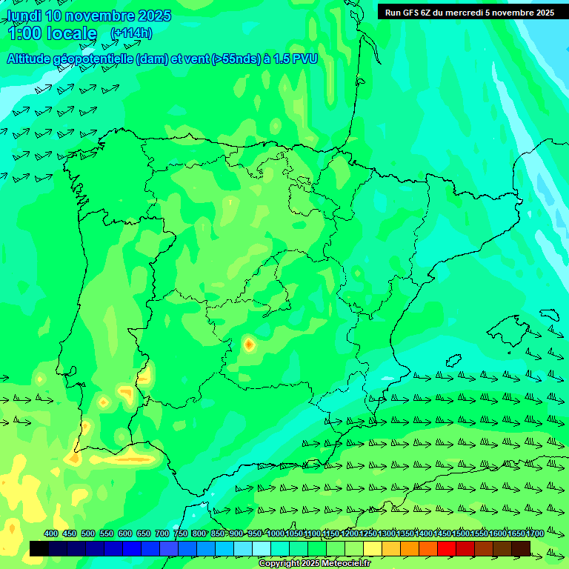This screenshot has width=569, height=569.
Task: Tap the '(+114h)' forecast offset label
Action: click(x=131, y=33)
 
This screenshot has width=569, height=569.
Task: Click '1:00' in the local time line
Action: click(x=24, y=33)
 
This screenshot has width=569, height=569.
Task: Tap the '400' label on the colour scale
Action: click(x=50, y=534)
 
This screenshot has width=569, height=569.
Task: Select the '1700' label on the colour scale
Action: click(x=535, y=534)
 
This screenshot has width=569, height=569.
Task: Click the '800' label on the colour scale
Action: click(x=199, y=534)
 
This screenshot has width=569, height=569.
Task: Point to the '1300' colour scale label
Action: click(x=386, y=534)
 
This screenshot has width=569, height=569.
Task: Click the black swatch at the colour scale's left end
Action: click(x=39, y=548)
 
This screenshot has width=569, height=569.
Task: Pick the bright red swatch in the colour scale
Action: click(x=447, y=548)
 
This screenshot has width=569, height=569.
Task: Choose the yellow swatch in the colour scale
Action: click(x=373, y=548)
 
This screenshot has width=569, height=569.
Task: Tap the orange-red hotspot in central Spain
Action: click(x=249, y=344)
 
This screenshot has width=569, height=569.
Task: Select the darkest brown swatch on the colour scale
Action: click(x=521, y=548)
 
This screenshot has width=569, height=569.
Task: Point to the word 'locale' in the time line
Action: click(x=71, y=33)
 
